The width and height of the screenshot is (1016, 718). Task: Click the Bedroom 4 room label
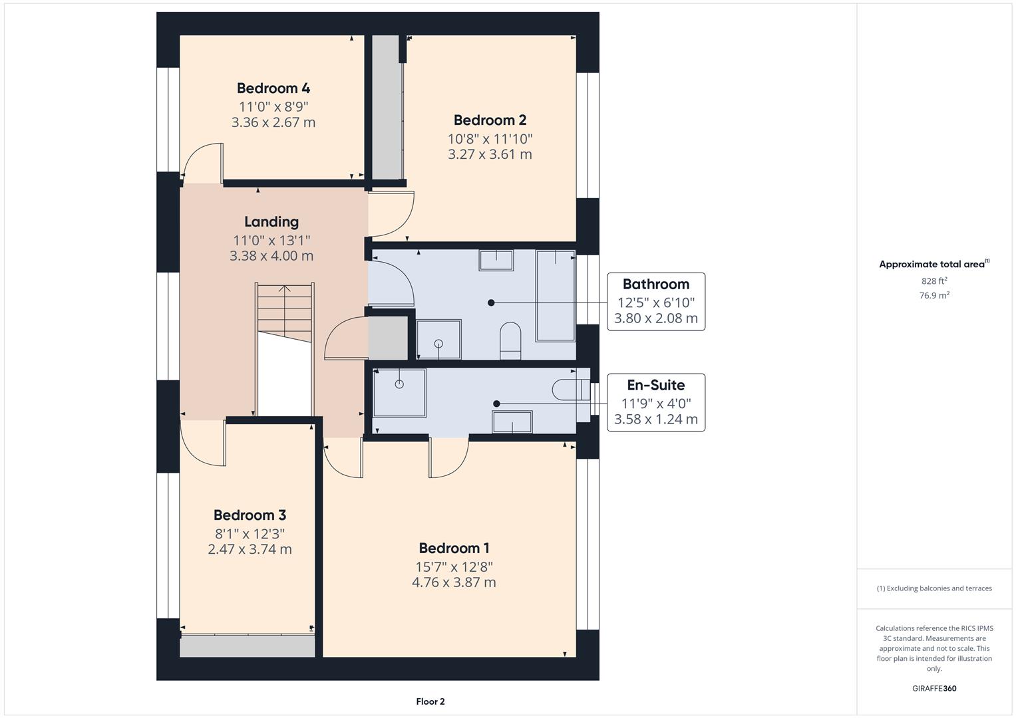[x=273, y=88]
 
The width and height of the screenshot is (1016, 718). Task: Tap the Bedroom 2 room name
[x=490, y=120]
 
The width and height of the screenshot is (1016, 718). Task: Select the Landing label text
[x=271, y=221]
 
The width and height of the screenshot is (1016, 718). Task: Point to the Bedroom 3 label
[x=250, y=515]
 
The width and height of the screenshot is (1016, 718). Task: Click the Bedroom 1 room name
[x=454, y=548]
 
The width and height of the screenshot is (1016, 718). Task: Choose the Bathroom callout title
[x=655, y=284]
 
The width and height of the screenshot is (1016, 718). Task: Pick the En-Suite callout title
[x=655, y=385]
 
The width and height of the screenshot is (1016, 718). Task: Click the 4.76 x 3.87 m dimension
[x=454, y=582]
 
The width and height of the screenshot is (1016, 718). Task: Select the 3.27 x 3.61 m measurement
[x=490, y=154]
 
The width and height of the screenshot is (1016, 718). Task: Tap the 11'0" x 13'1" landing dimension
[x=271, y=240]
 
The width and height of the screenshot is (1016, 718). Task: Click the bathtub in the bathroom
[x=556, y=295]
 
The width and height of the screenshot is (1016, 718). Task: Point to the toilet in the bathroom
[x=510, y=340]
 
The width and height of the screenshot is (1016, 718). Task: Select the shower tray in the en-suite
[x=399, y=392]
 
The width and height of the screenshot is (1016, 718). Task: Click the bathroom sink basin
[x=496, y=260]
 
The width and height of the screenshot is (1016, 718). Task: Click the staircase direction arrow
[x=285, y=291]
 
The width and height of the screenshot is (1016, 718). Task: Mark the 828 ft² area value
[x=933, y=281]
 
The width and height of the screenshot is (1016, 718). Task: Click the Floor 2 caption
[x=430, y=701]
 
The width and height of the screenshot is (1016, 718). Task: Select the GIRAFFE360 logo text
[x=933, y=688]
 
